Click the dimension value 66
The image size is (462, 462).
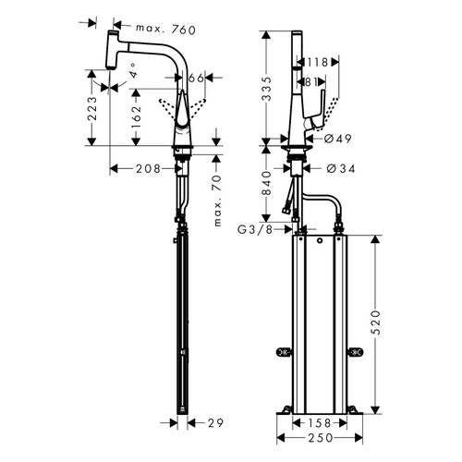pos(196,80)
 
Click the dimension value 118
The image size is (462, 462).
pos(316,63)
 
